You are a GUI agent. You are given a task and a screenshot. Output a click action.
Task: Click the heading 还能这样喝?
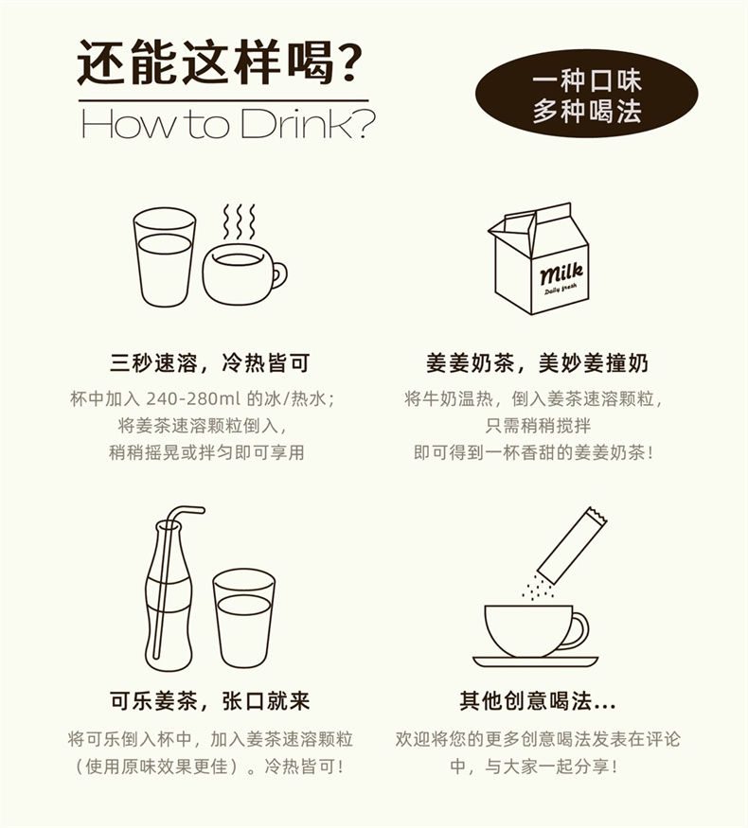click(x=220, y=62)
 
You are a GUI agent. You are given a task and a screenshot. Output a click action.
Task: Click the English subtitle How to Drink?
click(x=228, y=124)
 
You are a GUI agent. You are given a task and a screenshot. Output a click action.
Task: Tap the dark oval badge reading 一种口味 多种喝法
click(x=586, y=94)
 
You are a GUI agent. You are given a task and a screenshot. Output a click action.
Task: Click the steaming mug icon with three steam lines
click(x=244, y=255)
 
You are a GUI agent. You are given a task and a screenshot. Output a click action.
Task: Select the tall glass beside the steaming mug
click(x=165, y=256)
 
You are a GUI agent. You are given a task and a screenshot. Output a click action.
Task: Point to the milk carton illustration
click(x=539, y=258)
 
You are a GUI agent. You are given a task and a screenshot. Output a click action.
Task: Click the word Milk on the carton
click(x=561, y=273)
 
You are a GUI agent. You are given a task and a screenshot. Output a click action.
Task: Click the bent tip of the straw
click(x=202, y=510)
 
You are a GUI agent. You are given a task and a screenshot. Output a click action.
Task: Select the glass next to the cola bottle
click(x=244, y=618)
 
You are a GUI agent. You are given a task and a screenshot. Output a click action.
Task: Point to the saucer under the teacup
click(x=535, y=661)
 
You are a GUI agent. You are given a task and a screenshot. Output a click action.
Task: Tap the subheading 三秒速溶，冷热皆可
click(x=209, y=363)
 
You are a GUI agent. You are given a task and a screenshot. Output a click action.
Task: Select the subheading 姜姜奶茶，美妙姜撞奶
click(x=537, y=363)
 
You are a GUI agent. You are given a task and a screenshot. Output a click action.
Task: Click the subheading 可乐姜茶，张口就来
click(x=209, y=701)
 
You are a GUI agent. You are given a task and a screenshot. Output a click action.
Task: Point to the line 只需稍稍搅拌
click(x=538, y=426)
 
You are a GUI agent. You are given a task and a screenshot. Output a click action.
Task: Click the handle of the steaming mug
click(x=279, y=275)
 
